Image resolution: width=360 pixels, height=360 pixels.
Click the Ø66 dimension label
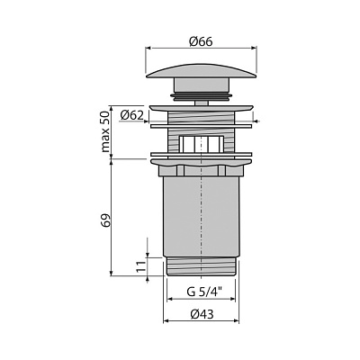(201, 41)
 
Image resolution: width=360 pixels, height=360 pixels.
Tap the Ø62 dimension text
(131, 115)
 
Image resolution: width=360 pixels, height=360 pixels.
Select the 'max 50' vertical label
(105, 132)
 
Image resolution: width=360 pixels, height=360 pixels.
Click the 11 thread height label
(140, 266)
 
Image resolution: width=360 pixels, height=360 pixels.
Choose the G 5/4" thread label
(204, 292)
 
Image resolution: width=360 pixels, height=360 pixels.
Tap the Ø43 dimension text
(202, 314)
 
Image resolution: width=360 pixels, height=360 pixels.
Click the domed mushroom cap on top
(202, 71)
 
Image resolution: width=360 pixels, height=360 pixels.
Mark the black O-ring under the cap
(201, 95)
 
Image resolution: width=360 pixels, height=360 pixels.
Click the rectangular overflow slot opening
(202, 144)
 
